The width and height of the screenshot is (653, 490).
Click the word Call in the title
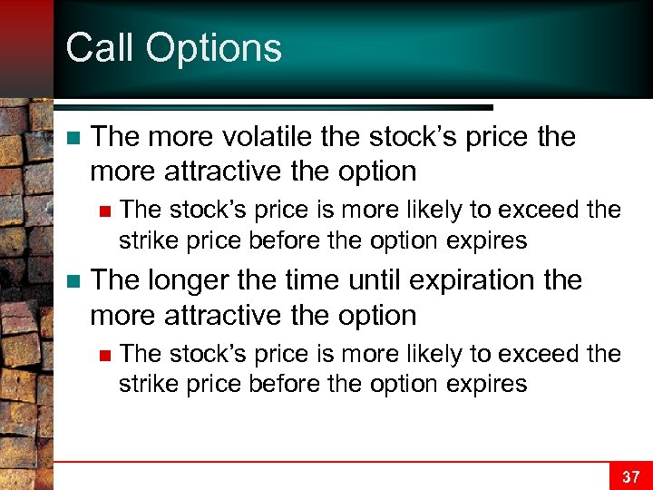tap(95, 48)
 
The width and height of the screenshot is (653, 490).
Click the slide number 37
tap(629, 476)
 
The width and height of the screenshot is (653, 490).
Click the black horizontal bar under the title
tap(272, 107)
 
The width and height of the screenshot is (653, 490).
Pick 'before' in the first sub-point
tap(271, 240)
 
